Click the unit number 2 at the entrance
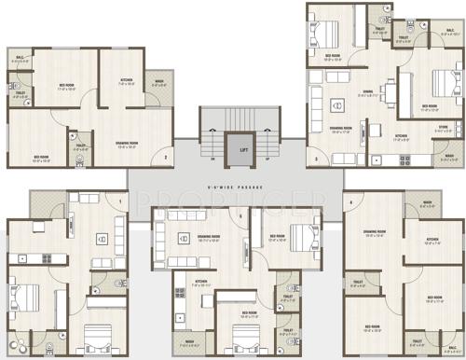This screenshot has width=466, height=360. point(166,157)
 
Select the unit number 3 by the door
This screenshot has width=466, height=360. point(317,159)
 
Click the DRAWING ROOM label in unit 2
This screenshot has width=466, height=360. point(127,143)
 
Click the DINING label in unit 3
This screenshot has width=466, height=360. point(368,91)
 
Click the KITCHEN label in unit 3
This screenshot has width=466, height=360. point(401,136)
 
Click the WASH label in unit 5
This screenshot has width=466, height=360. point(189,341)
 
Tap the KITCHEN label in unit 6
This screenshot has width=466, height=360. point(432,239)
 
